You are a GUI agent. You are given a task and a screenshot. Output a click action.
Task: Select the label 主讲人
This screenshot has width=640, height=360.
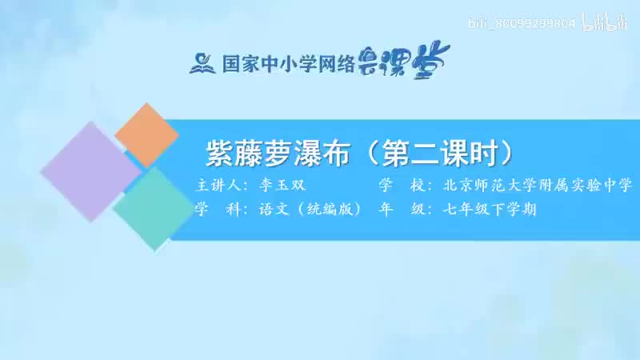217,186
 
